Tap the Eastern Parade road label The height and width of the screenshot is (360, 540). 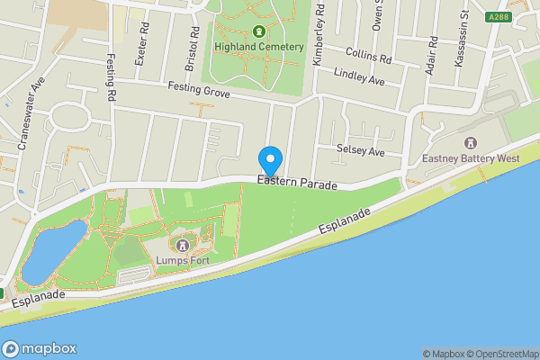click(x=296, y=184)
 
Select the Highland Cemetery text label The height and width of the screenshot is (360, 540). click(x=259, y=46)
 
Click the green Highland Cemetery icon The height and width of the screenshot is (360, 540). click(x=259, y=31)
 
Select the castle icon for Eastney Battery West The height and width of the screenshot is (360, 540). click(x=471, y=143)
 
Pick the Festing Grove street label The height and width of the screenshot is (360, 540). click(x=199, y=90)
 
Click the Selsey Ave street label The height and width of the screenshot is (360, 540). click(x=360, y=151)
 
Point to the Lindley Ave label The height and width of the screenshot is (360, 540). click(x=358, y=77)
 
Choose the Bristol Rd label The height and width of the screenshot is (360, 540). click(x=193, y=42)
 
